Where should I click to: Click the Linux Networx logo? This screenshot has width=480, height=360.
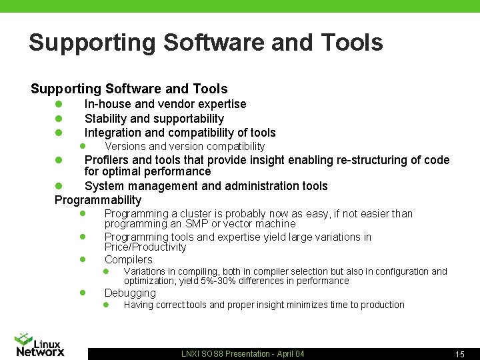tap(40, 344)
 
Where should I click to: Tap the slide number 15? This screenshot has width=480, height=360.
tap(459, 355)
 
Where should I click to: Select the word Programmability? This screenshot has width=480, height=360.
tap(98, 200)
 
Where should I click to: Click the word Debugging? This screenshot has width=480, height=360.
tap(130, 293)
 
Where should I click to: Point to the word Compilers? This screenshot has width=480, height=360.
tap(128, 259)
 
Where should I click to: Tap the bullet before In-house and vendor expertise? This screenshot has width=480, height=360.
tap(59, 104)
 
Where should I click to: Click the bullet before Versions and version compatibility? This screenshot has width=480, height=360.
tap(83, 146)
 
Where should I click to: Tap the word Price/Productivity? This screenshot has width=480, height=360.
tap(145, 247)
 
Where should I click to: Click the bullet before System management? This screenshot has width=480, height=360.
tap(59, 186)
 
